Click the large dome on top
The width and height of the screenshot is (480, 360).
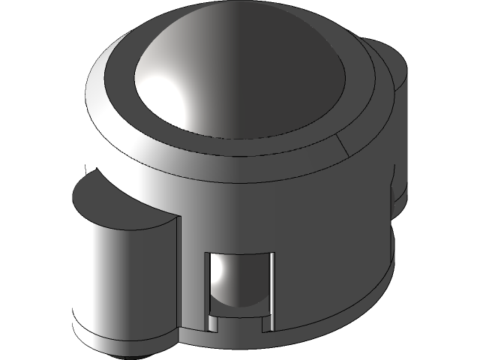(x=247, y=75)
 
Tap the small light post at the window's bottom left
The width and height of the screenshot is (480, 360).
(x=213, y=323)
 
